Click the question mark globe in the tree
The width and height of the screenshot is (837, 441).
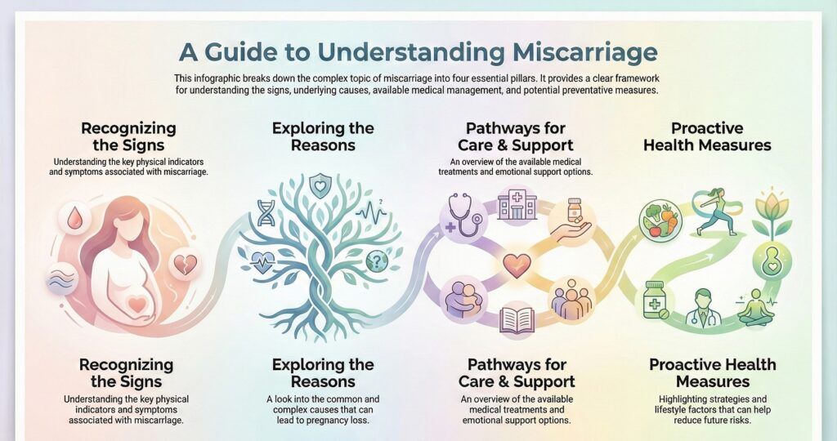click(x=376, y=260)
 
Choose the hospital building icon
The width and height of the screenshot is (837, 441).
click(x=517, y=206)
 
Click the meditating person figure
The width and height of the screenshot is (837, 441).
click(x=755, y=309)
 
